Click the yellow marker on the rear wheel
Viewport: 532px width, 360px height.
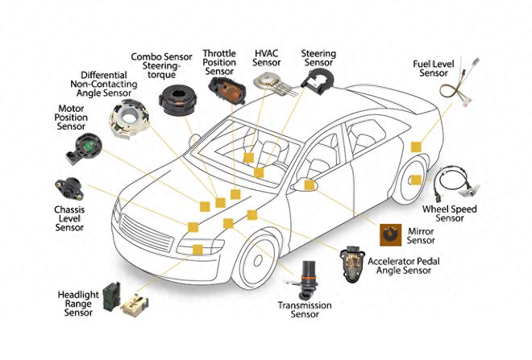pyautogui.click(x=417, y=179)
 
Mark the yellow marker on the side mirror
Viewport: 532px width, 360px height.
pyautogui.click(x=310, y=186)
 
